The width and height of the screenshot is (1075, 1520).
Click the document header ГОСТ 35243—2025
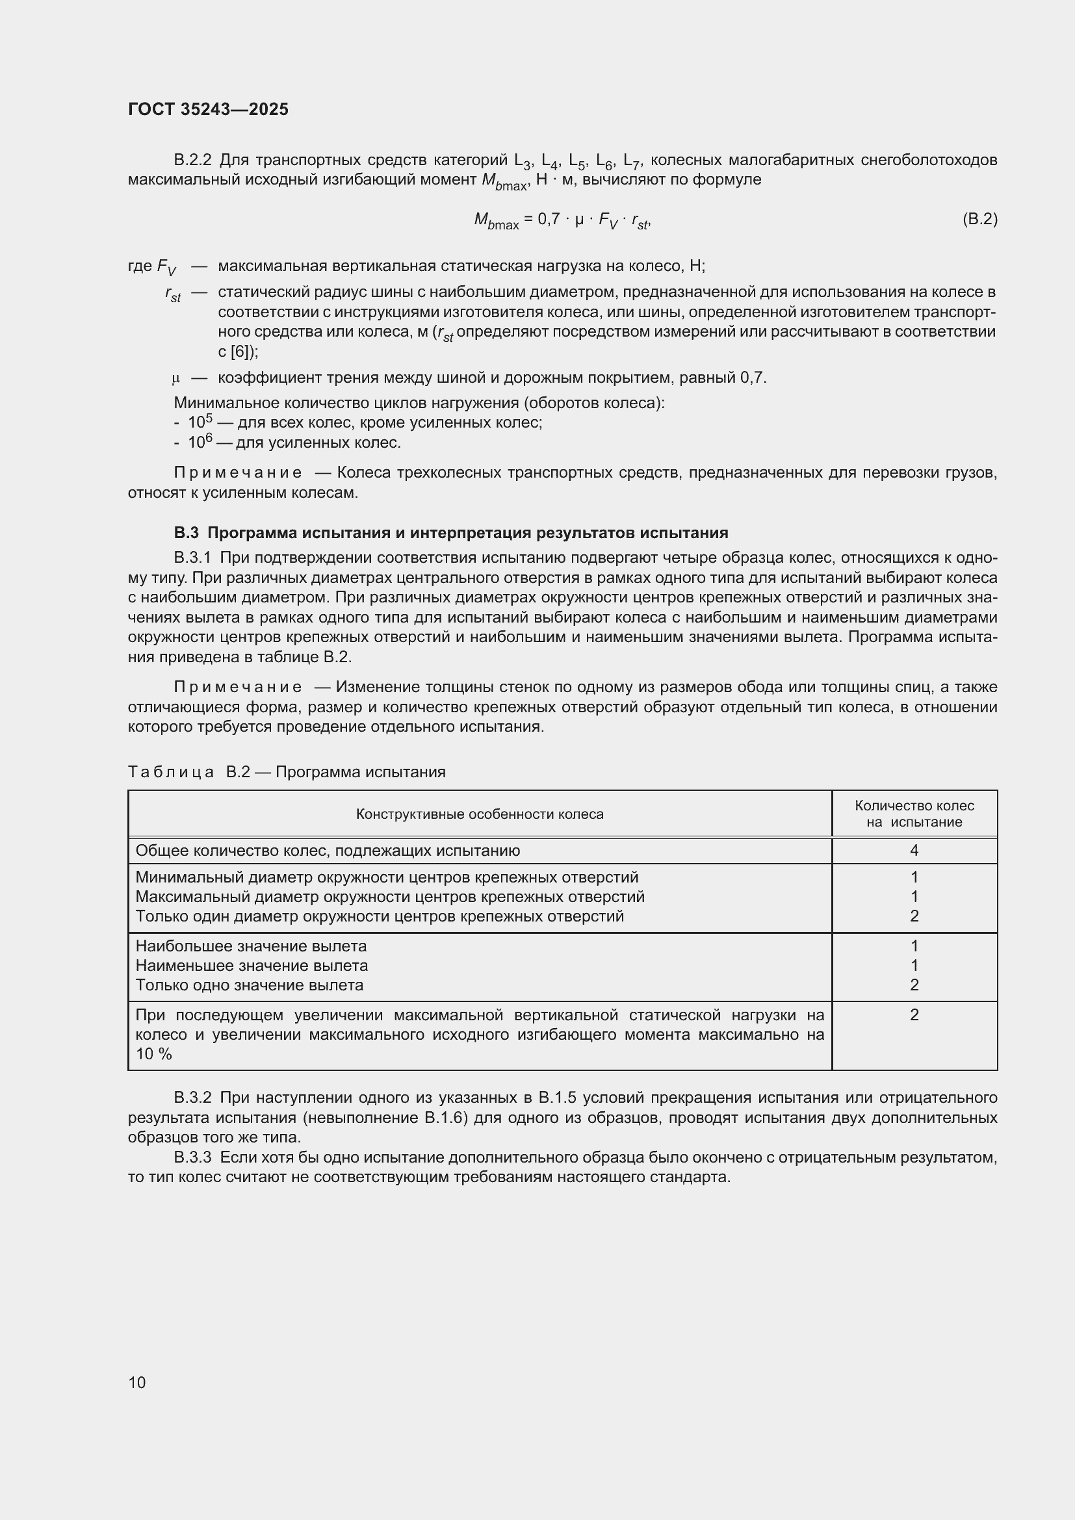[x=208, y=109]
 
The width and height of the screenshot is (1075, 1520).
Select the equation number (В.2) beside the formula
[x=979, y=218]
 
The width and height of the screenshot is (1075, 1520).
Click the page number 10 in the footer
[x=137, y=1382]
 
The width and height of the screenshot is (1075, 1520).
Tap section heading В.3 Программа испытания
[x=451, y=533]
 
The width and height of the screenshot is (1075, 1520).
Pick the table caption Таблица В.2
[x=286, y=772]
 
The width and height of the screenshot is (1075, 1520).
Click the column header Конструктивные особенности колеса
[x=479, y=814]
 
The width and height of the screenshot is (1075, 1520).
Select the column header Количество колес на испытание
[x=914, y=814]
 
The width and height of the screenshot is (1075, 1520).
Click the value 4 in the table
[x=914, y=851]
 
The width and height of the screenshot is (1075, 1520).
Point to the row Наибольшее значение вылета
[x=251, y=946]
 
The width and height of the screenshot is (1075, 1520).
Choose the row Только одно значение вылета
[x=250, y=985]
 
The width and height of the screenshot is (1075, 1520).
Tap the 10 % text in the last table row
[x=153, y=1054]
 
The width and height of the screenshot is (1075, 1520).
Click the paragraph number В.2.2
[x=192, y=161]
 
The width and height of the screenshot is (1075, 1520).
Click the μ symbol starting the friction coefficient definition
[x=175, y=378]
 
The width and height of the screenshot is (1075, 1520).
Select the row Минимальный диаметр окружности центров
[x=387, y=877]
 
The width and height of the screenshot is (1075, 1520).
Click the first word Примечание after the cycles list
[x=238, y=472]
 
